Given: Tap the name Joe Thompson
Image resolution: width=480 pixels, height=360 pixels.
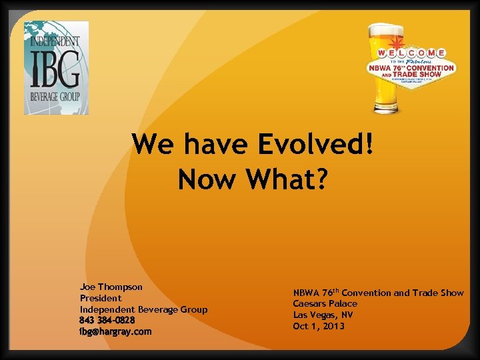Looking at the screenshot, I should (111, 287).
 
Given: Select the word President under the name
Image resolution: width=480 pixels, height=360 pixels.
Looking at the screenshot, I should (101, 298).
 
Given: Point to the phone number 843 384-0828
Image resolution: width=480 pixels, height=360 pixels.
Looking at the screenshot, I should (107, 320).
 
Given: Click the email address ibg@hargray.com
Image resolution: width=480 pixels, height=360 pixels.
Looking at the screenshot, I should (115, 331).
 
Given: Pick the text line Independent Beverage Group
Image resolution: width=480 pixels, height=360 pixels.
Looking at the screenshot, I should (143, 309).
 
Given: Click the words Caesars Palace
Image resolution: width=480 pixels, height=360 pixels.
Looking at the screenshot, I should (325, 304).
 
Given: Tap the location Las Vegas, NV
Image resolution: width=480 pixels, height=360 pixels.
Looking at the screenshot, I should (323, 315).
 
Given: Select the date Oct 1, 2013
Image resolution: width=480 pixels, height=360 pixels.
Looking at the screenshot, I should (319, 326).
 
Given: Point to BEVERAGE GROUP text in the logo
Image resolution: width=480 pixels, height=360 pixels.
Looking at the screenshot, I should (55, 97).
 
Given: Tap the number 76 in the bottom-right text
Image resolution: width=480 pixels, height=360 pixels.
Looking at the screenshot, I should (327, 293).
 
